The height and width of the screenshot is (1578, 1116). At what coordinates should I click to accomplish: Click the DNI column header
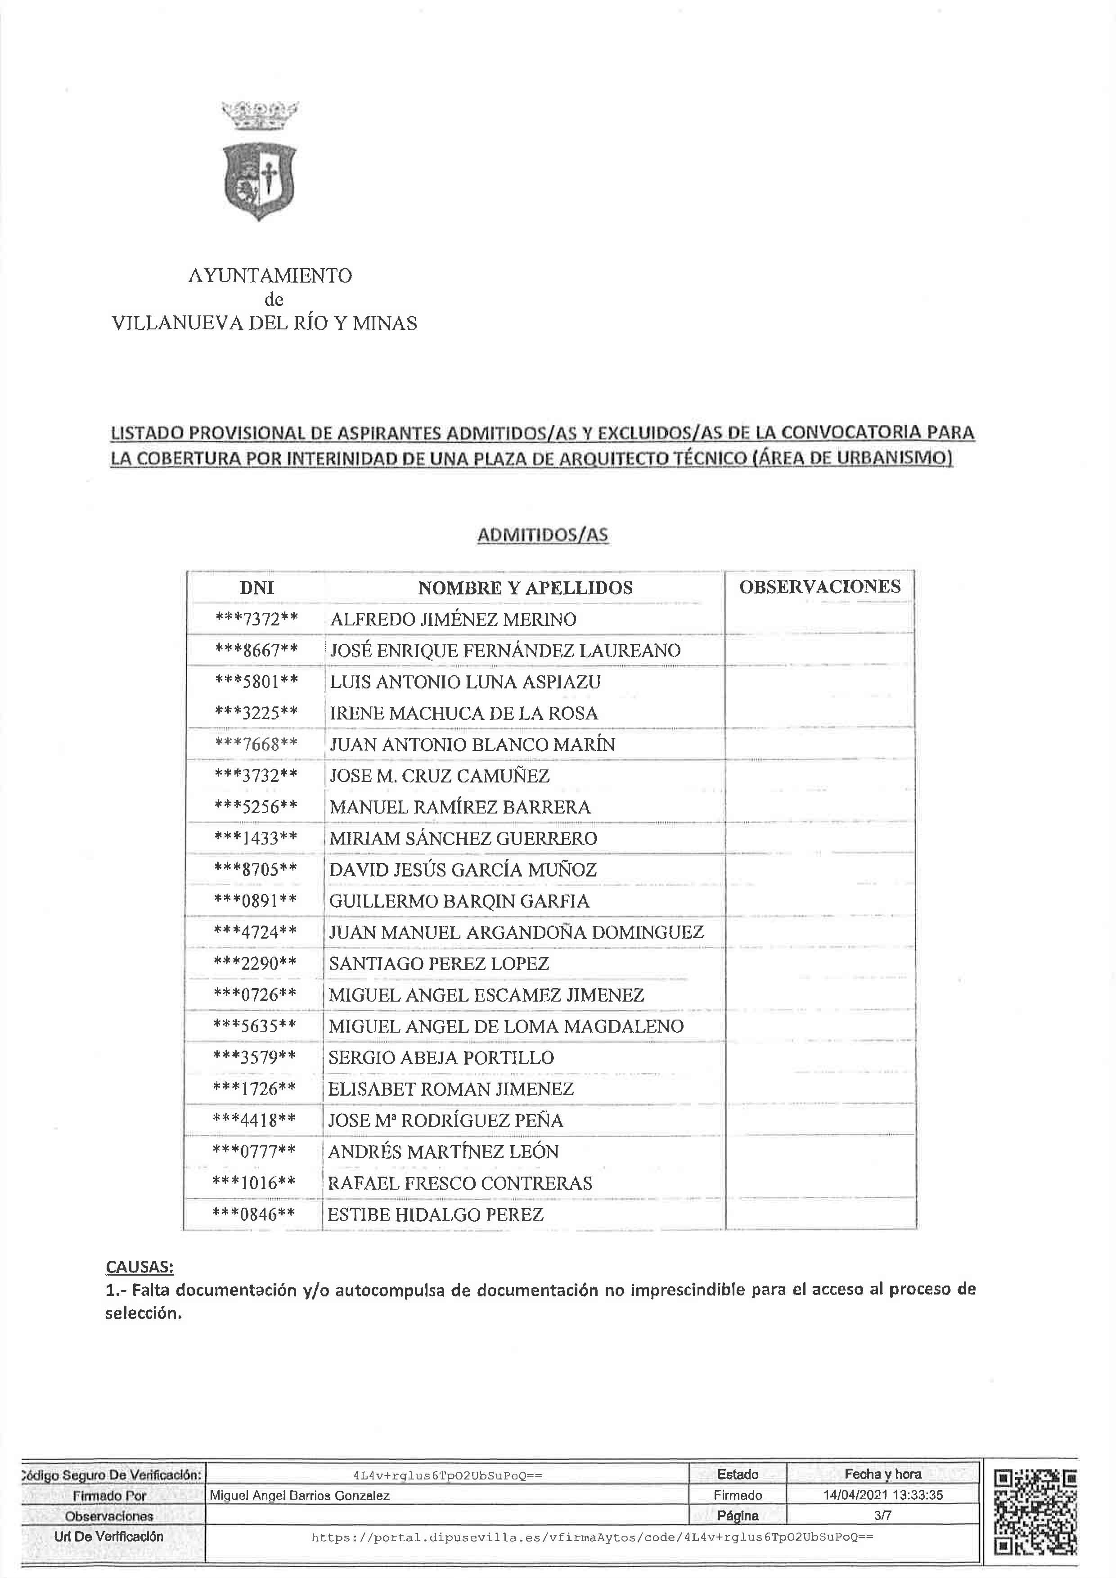[256, 588]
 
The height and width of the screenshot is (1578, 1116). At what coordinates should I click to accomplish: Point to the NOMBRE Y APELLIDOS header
[525, 588]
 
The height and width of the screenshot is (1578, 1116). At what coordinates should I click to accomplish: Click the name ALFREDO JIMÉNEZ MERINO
[453, 619]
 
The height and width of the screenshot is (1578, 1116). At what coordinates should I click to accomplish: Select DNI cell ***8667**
[256, 650]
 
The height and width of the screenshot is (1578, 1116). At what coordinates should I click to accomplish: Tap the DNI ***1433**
[256, 838]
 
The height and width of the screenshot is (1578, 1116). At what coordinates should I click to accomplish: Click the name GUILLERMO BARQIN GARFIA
[459, 901]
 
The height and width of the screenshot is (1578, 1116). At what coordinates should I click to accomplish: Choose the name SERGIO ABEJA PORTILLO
[441, 1058]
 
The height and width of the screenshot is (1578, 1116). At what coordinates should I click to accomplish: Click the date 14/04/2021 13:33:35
[883, 1495]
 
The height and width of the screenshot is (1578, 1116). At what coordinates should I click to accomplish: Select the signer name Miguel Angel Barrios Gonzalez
[300, 1496]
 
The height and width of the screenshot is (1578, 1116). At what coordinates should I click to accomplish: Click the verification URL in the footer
[592, 1537]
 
